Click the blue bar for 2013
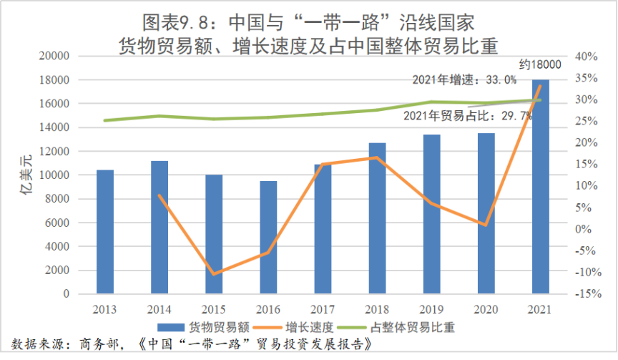[105, 232]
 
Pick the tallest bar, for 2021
[540, 186]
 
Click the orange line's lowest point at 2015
[214, 274]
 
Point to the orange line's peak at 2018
[377, 157]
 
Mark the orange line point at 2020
[486, 225]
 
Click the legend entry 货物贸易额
[215, 327]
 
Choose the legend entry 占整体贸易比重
[413, 327]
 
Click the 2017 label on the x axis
[323, 308]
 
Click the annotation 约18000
[540, 64]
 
